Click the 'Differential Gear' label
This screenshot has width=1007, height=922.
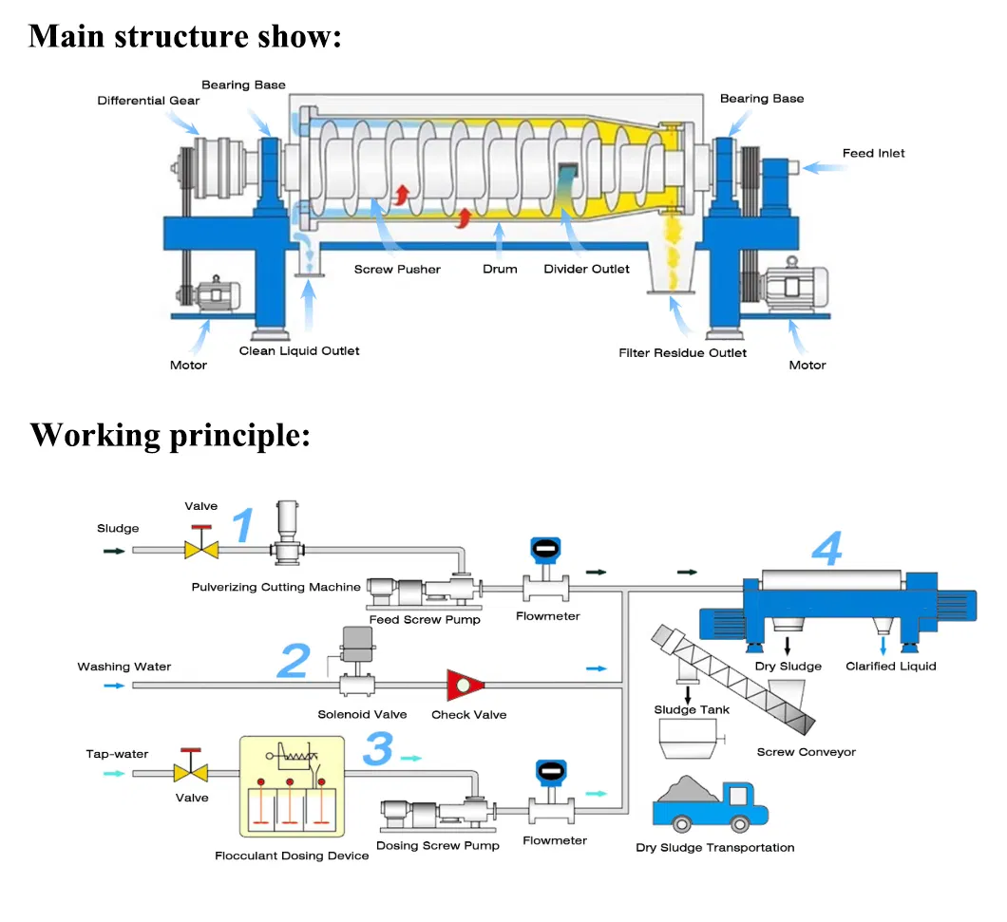[148, 101]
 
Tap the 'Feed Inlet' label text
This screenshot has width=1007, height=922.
[873, 154]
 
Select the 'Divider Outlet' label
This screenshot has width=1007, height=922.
[586, 269]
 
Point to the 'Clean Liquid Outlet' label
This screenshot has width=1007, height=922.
[299, 351]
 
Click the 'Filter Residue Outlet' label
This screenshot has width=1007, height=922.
[683, 353]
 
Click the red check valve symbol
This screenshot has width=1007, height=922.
[465, 685]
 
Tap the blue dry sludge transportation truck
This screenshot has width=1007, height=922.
[711, 807]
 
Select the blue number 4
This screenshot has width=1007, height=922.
[827, 548]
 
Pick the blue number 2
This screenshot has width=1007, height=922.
[294, 660]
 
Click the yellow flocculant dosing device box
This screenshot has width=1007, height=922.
[293, 786]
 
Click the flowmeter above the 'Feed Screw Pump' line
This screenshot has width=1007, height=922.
[546, 569]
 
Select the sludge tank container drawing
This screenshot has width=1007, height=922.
[689, 739]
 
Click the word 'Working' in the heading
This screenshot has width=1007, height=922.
[95, 435]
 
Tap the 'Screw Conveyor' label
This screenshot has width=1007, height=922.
[806, 752]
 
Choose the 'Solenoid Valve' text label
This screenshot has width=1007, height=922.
[362, 715]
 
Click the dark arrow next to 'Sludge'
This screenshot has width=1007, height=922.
[114, 551]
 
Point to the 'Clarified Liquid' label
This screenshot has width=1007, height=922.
[891, 667]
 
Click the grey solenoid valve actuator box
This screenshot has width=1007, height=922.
[358, 644]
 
